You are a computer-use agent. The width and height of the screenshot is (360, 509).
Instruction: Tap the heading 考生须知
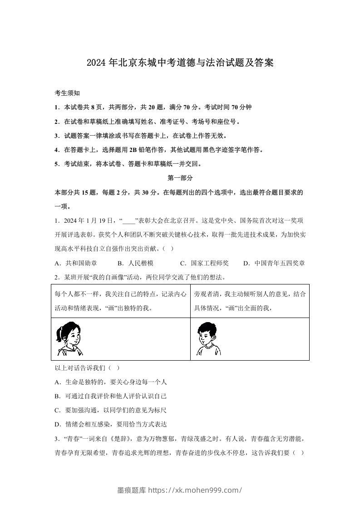click(x=67, y=93)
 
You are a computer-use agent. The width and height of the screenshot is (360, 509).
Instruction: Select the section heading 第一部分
click(x=180, y=178)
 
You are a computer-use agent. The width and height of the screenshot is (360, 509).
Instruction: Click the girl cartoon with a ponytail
click(x=68, y=338)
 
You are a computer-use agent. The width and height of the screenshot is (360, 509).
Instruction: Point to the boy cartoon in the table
click(x=207, y=338)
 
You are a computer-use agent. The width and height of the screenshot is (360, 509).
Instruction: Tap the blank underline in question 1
click(x=129, y=221)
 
